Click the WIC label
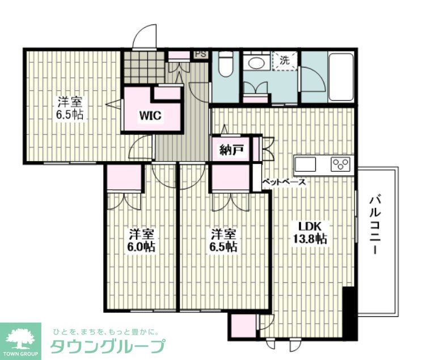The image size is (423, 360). point(150,116)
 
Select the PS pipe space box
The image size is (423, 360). point(201,54)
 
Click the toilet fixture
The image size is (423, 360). point(226,63)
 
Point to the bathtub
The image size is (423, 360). point(341,77)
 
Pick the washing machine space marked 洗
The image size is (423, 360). point(284,61)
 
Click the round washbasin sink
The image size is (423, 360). point(256,64)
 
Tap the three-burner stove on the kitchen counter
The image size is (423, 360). point(341,164)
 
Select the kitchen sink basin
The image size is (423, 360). point(306,164)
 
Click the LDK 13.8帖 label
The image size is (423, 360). point(310,232)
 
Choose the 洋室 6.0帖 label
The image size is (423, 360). point(141,240)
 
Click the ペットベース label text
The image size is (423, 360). point(284,182)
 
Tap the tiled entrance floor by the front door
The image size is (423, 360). point(144,67)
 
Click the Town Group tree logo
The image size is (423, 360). point(20,338)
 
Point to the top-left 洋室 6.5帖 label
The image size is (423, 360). point(70,108)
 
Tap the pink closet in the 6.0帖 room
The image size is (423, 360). point(124,177)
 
